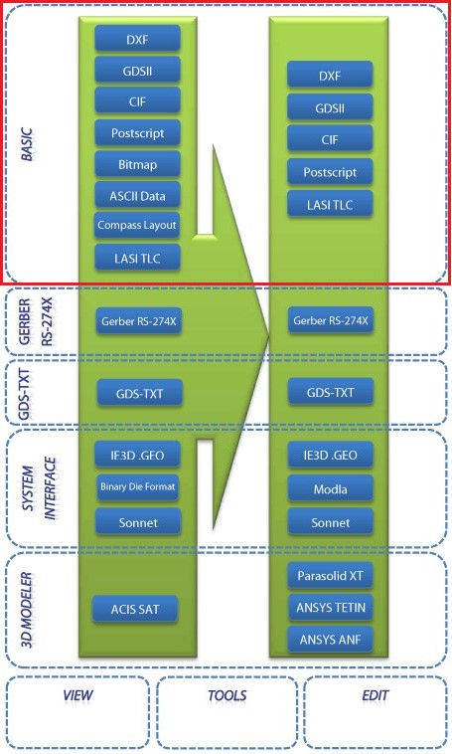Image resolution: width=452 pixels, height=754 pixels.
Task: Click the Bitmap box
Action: tap(137, 164)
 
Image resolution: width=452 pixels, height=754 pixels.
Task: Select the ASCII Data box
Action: tap(137, 195)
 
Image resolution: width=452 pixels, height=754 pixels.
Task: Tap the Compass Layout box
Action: tap(137, 225)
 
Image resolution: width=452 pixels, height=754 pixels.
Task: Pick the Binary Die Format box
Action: tap(138, 486)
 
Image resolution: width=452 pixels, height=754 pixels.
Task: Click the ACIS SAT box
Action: tap(135, 609)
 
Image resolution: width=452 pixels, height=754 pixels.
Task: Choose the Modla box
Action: tap(331, 489)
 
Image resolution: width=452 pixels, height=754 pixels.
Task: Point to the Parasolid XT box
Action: tap(331, 576)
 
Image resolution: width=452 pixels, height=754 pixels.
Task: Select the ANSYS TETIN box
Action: tap(331, 608)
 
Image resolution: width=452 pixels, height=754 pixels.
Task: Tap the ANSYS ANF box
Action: tap(331, 640)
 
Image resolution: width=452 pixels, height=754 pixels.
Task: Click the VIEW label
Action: tap(77, 695)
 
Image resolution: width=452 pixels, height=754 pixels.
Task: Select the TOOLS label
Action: tap(227, 695)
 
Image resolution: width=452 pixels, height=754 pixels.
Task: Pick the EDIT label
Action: tap(376, 695)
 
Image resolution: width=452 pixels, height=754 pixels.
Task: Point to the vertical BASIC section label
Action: tap(28, 144)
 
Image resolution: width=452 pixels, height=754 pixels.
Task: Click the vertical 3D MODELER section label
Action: tap(27, 610)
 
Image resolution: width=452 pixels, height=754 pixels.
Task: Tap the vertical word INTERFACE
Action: tap(50, 488)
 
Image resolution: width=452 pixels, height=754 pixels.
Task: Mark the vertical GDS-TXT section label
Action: tap(24, 394)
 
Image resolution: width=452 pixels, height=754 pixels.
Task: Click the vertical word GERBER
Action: tap(25, 321)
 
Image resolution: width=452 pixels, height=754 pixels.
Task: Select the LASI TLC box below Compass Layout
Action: tap(137, 258)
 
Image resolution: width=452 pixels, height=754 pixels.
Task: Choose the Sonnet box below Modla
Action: tap(331, 522)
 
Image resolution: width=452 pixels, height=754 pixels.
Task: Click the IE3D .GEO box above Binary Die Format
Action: tap(138, 455)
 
